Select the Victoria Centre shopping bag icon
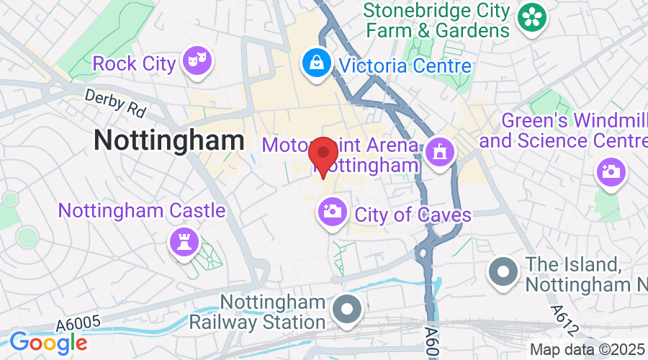click(x=317, y=63)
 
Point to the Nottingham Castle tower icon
click(x=183, y=241)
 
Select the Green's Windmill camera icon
click(x=612, y=172)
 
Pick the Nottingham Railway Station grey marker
click(x=348, y=310)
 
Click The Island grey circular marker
click(x=503, y=272)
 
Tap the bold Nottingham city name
click(x=168, y=140)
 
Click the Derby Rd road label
click(x=115, y=104)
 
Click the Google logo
click(x=48, y=342)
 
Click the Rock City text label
click(x=134, y=64)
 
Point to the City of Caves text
click(x=413, y=215)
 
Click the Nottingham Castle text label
click(x=141, y=211)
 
